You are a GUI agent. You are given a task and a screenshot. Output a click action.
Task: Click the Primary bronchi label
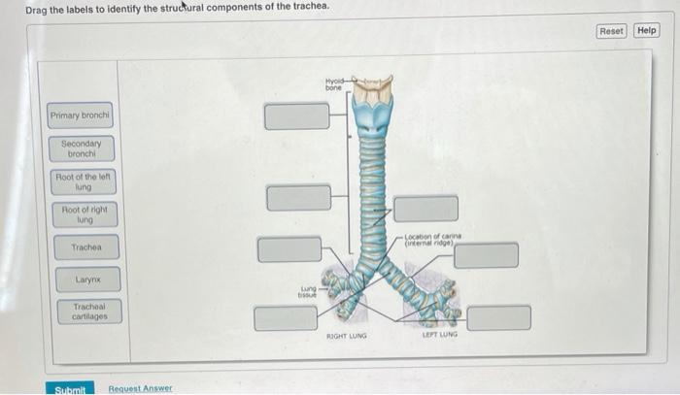[x=82, y=116]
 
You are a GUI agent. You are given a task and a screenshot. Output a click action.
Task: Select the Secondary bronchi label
[x=82, y=148]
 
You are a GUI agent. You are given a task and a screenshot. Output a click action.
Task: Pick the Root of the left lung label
[x=85, y=182]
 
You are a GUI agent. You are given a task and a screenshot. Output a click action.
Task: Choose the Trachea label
[x=86, y=247]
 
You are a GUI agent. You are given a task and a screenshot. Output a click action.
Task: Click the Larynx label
[x=87, y=280]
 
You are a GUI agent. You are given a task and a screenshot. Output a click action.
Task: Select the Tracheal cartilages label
[x=87, y=311]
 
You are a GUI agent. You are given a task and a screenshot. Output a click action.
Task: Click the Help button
[x=647, y=30]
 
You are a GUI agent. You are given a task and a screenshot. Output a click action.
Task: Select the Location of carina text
[x=433, y=239]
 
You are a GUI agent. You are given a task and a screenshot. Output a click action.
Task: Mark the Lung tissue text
[x=309, y=290]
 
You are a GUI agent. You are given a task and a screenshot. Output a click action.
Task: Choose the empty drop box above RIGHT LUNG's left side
[x=286, y=317]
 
